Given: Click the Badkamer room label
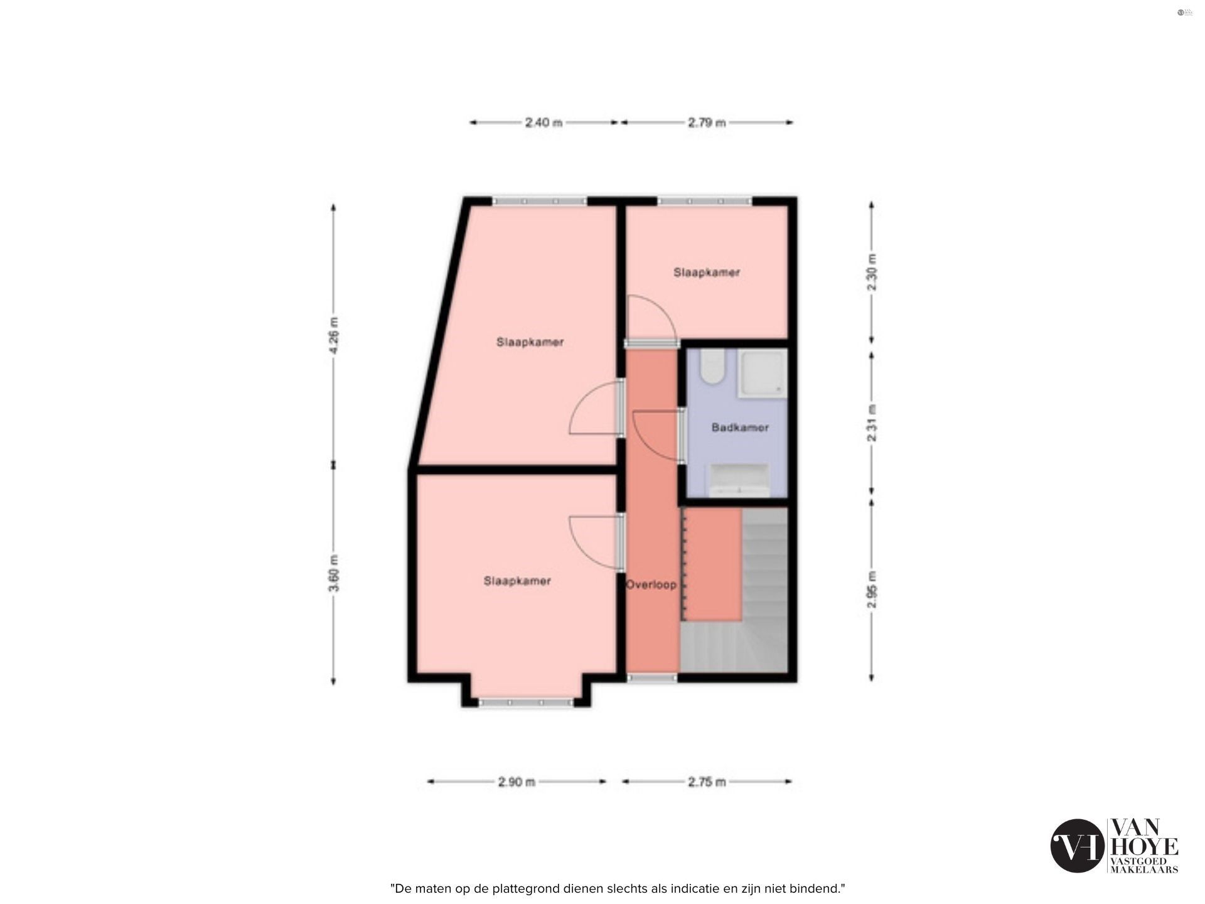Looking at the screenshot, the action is point(740,428).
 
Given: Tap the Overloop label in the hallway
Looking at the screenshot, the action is point(651,584).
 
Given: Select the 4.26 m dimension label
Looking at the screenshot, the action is point(333,336).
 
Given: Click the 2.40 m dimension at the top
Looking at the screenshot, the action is point(544,123).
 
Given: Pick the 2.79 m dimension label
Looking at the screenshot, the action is point(707,123).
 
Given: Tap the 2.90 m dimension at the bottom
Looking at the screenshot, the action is point(517,782).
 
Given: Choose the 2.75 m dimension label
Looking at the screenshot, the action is point(707,782).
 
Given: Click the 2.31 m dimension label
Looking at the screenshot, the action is point(872,423).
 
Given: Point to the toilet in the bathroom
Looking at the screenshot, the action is point(713,367).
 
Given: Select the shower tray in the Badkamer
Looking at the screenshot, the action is point(761,374).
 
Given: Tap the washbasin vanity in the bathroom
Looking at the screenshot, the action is point(740,481).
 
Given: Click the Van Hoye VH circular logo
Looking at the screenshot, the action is point(1077,846).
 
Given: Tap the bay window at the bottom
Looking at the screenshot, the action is point(526,702).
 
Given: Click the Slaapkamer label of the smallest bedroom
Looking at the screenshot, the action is point(707,272).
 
